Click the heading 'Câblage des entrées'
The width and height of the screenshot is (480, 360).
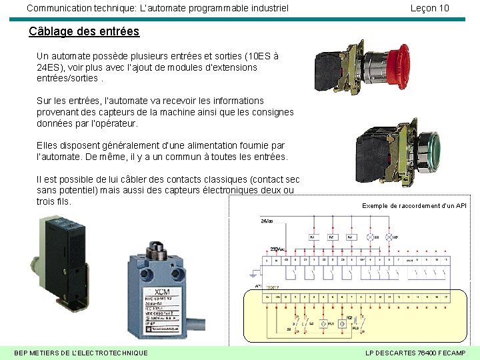84,31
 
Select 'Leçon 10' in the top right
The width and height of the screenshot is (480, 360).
429,8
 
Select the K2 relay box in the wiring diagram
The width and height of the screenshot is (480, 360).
331,237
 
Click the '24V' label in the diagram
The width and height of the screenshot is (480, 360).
267,220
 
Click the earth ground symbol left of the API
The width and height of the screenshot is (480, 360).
253,272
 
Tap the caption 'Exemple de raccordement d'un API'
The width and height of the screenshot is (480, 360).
414,206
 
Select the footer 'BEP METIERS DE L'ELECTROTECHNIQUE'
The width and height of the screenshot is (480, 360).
81,352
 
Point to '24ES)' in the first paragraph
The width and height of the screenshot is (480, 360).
49,67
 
